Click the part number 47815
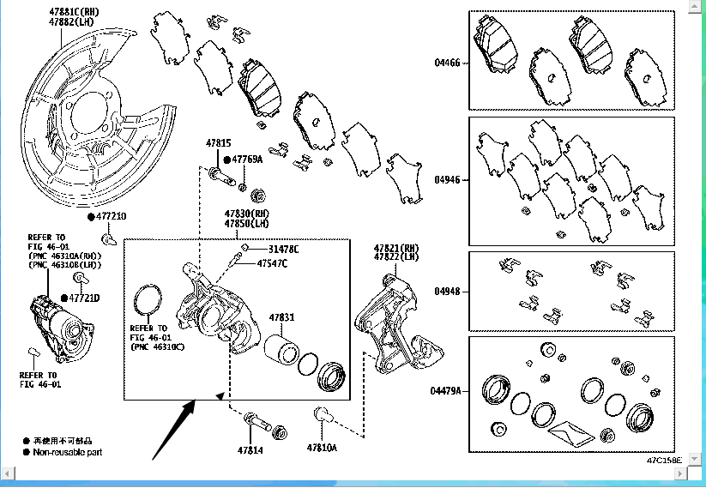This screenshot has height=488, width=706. click(218, 143)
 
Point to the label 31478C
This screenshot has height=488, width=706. click(283, 249)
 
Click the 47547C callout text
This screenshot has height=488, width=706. click(272, 263)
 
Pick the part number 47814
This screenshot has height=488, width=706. click(250, 449)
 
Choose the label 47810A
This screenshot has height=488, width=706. click(323, 448)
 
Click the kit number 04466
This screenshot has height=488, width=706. click(447, 62)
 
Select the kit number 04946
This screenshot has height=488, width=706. click(447, 180)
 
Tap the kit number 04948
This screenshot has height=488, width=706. click(447, 292)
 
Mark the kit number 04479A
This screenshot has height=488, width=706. click(446, 391)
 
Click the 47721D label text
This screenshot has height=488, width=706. click(84, 298)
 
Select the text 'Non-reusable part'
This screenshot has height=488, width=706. click(68, 451)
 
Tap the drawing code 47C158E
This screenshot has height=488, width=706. click(664, 461)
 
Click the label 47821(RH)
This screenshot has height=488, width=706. click(395, 248)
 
